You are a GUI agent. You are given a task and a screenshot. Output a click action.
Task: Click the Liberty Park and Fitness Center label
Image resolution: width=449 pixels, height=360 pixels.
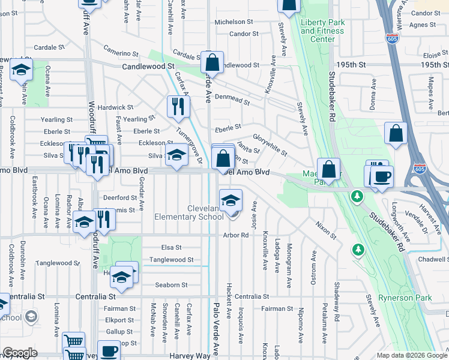click(323, 31)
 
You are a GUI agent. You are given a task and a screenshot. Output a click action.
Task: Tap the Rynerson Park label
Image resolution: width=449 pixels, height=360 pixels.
click(405, 298)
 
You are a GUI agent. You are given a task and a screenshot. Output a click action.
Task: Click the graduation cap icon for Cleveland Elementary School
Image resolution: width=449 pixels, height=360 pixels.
click(231, 200)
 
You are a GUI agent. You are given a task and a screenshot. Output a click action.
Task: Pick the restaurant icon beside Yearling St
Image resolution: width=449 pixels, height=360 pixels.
click(178, 106)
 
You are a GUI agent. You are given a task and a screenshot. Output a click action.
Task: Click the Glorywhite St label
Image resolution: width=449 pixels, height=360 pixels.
click(270, 145)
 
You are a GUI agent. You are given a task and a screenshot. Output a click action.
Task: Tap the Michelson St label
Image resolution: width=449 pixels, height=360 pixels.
click(235, 22)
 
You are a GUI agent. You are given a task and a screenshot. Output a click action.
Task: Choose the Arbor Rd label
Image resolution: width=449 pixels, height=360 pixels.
click(235, 235)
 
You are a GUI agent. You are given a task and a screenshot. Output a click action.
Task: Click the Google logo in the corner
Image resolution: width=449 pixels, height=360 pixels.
click(20, 353)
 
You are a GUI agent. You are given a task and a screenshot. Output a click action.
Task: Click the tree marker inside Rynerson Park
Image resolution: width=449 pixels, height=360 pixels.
click(358, 248)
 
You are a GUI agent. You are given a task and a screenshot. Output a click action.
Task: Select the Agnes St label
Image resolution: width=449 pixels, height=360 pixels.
click(423, 25)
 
